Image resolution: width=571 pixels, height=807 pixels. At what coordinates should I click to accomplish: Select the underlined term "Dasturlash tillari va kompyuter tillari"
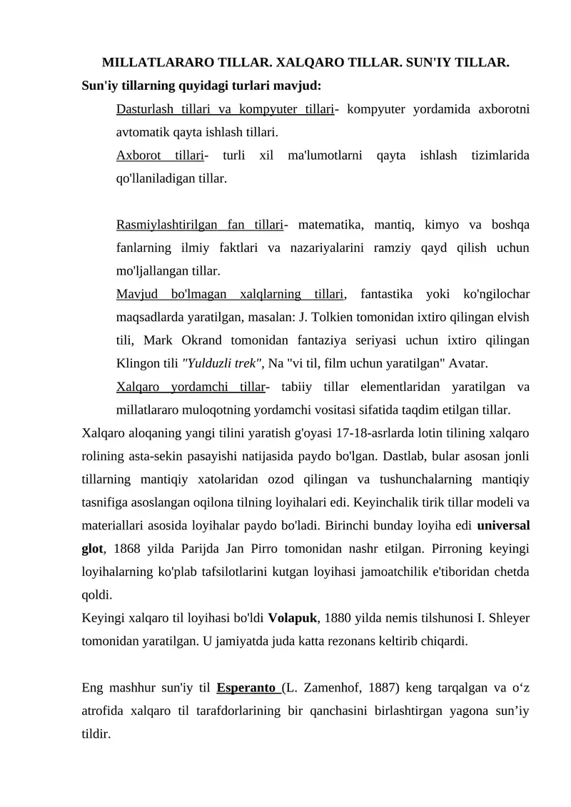(x=225, y=108)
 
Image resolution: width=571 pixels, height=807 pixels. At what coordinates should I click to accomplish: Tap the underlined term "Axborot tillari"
(x=159, y=155)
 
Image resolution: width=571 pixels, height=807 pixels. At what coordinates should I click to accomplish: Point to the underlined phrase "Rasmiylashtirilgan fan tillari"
(x=199, y=225)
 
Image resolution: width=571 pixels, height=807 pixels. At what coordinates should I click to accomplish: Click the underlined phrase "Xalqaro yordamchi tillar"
(x=190, y=387)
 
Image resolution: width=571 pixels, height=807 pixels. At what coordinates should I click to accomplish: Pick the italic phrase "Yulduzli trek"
(x=223, y=364)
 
